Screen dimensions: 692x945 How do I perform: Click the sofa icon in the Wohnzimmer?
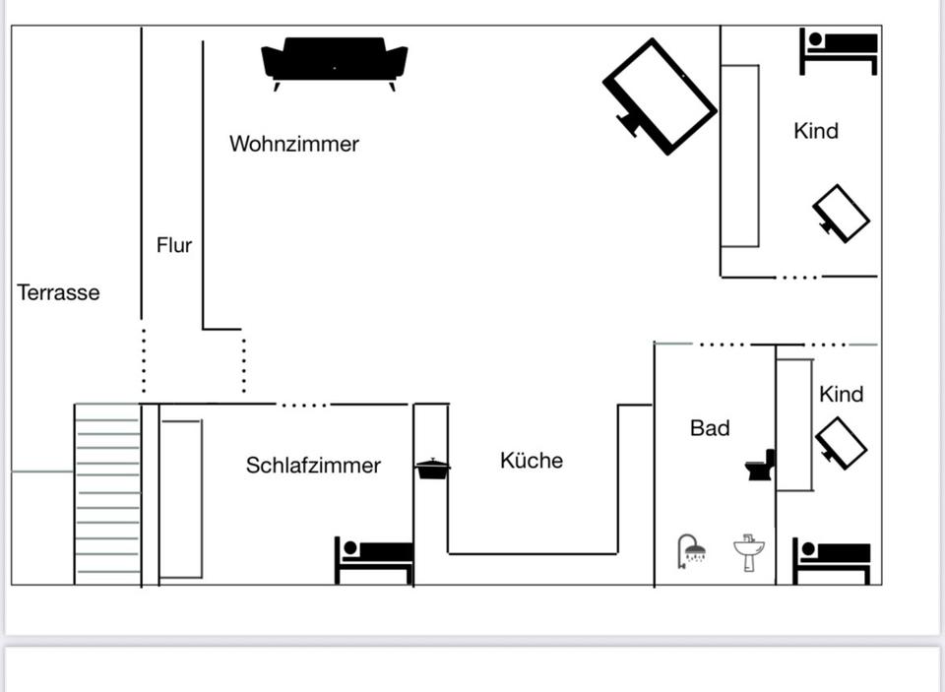coord(334,62)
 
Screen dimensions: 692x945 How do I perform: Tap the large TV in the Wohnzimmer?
coord(660,95)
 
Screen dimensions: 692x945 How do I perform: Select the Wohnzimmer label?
coord(293,144)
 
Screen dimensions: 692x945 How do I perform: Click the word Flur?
coord(174,245)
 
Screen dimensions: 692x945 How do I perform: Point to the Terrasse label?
coord(58,292)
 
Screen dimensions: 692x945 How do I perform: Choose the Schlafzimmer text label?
coord(313,466)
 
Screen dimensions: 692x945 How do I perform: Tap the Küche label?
coord(532,461)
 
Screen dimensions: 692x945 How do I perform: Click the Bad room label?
coord(710,428)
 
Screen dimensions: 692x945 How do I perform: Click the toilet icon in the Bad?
coord(761,466)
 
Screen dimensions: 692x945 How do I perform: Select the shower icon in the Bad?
coord(692,550)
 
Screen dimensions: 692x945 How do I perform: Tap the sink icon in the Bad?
coord(749,552)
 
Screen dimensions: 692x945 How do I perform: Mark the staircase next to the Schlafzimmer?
coord(107,492)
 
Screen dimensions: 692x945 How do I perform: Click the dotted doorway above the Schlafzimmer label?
coord(303,405)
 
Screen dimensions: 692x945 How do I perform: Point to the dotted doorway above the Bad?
coord(723,345)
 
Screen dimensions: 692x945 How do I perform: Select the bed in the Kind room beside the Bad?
coord(832,560)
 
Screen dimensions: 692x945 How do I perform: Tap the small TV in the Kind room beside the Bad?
coord(841,443)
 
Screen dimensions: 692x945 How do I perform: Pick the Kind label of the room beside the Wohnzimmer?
coord(816,131)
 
